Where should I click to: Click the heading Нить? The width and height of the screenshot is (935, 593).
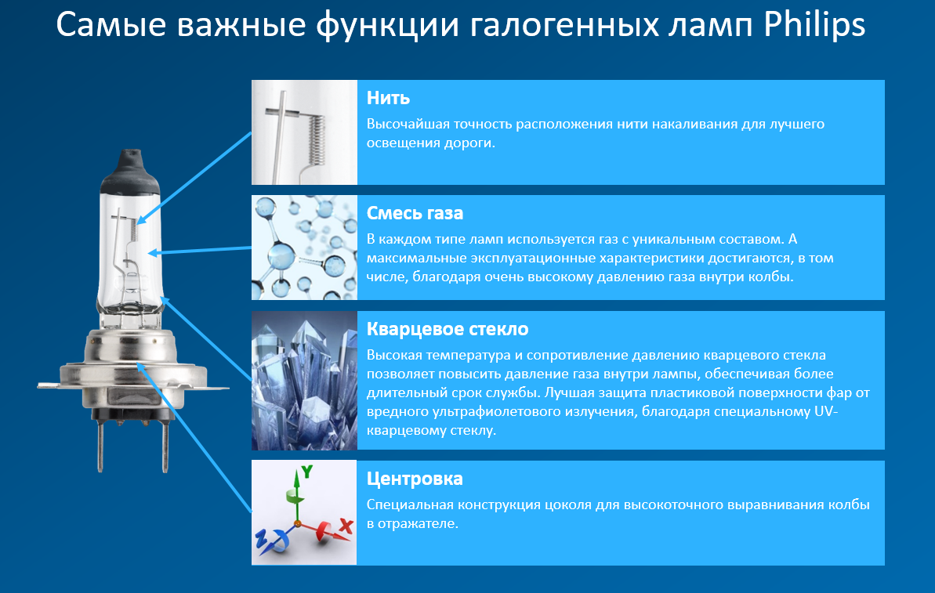pos(388,98)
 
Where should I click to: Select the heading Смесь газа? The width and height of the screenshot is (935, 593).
pos(415,213)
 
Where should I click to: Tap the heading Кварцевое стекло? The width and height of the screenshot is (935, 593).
pos(448,329)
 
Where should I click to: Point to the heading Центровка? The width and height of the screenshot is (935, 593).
pos(415,479)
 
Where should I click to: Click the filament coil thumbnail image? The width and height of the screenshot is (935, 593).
pos(304,132)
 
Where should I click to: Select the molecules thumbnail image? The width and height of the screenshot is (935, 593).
pos(304,248)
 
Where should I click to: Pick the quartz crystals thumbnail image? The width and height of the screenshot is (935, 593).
pos(304,380)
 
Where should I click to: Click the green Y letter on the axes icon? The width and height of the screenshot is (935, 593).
pos(306,472)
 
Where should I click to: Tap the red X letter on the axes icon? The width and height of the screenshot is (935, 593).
pos(346,526)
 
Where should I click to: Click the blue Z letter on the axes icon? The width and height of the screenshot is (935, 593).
pos(261,538)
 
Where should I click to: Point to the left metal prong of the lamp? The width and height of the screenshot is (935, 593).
pos(100,444)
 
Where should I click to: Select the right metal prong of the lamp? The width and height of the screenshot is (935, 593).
pos(165,444)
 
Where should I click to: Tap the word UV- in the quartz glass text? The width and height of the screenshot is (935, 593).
pos(826,411)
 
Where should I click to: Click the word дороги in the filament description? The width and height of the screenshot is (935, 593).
pos(470,143)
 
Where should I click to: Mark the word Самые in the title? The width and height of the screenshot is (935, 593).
pos(111,26)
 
